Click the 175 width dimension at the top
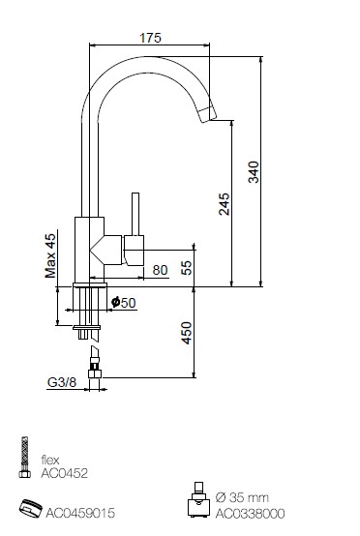[x=150, y=38]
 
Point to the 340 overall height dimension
[x=254, y=172]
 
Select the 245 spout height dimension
[x=225, y=204]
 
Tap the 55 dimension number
[x=187, y=268]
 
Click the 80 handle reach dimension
[x=160, y=270]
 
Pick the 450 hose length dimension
[x=187, y=333]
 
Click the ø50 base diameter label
[x=124, y=303]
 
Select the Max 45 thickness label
[x=50, y=255]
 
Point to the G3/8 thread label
[x=62, y=382]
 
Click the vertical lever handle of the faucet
[x=135, y=215]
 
